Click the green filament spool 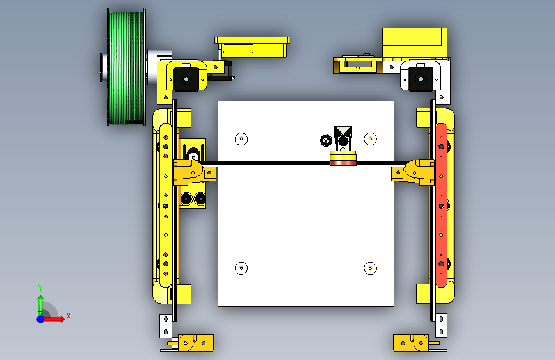tap(126, 67)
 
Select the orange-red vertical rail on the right tap(441, 205)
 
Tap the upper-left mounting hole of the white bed tap(241, 139)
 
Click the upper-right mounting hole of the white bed tap(370, 139)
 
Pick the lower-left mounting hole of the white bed tap(241, 268)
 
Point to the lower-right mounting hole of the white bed tap(370, 268)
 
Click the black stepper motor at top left tap(186, 79)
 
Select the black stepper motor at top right tap(421, 79)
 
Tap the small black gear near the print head tap(325, 140)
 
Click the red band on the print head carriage tap(343, 163)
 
